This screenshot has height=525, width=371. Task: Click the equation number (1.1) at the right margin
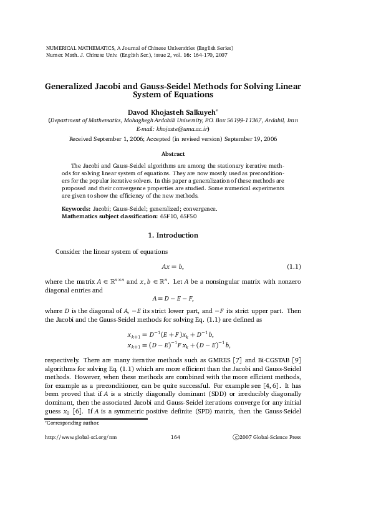(x=294, y=267)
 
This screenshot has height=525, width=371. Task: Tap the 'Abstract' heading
(x=173, y=153)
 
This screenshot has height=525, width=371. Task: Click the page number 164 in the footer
(x=175, y=437)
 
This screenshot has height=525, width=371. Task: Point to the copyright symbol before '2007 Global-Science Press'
(x=234, y=437)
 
